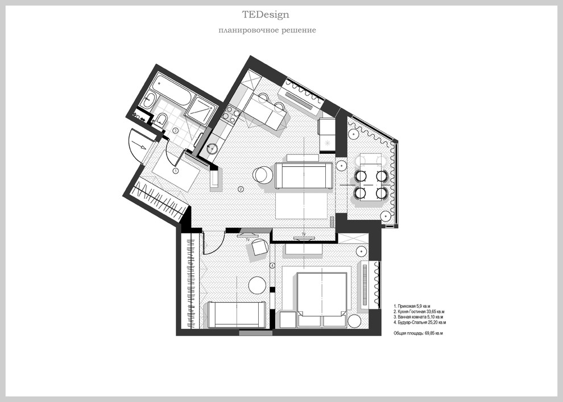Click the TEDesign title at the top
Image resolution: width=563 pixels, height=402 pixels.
pos(266,15)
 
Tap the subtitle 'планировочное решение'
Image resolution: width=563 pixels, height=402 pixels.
pos(267,30)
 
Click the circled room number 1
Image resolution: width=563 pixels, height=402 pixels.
pos(176,171)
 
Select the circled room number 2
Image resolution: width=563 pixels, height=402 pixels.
pos(241,189)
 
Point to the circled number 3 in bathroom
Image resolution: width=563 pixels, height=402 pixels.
pos(175,131)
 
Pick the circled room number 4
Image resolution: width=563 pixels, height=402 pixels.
pos(272,266)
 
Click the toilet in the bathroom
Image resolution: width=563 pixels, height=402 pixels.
pos(160,120)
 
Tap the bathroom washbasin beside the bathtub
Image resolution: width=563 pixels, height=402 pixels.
pos(148,101)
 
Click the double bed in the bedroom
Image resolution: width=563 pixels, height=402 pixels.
pos(322,295)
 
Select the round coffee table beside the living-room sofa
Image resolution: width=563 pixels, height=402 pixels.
pos(263,175)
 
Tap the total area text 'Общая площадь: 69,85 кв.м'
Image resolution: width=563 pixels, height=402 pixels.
pos(419,333)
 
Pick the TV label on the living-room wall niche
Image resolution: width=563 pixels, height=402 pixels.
pos(304,234)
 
